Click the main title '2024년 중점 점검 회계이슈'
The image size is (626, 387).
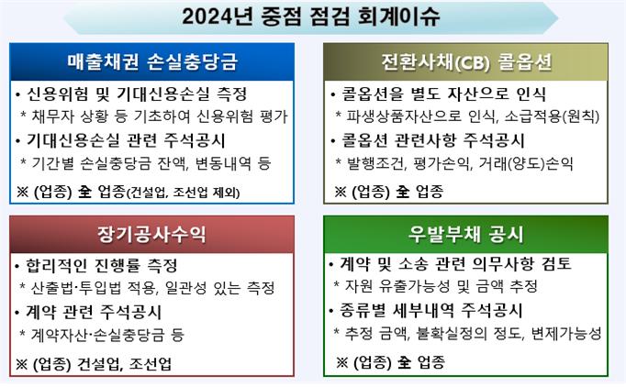[310, 17]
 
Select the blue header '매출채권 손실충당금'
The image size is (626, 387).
[152, 61]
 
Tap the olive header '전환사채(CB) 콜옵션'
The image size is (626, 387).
[466, 62]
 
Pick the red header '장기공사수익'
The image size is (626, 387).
[151, 234]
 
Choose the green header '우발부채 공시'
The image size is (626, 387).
[465, 234]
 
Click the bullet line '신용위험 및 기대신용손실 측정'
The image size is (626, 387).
[137, 94]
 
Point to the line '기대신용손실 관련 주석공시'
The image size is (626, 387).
[126, 140]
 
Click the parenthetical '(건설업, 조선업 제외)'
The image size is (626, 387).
[184, 193]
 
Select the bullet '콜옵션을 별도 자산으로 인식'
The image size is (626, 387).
[443, 94]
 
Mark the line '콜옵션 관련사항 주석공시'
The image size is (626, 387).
[432, 140]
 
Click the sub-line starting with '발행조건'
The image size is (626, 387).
[460, 163]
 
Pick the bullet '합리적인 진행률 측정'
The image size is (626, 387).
[102, 265]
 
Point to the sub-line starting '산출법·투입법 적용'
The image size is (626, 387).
[153, 288]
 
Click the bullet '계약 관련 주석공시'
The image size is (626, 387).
[94, 312]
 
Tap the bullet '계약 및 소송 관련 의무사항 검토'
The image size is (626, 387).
[455, 264]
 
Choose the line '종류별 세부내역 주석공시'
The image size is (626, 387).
[431, 310]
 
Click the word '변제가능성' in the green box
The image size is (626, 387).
[566, 333]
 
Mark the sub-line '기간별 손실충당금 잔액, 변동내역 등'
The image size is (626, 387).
[151, 163]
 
